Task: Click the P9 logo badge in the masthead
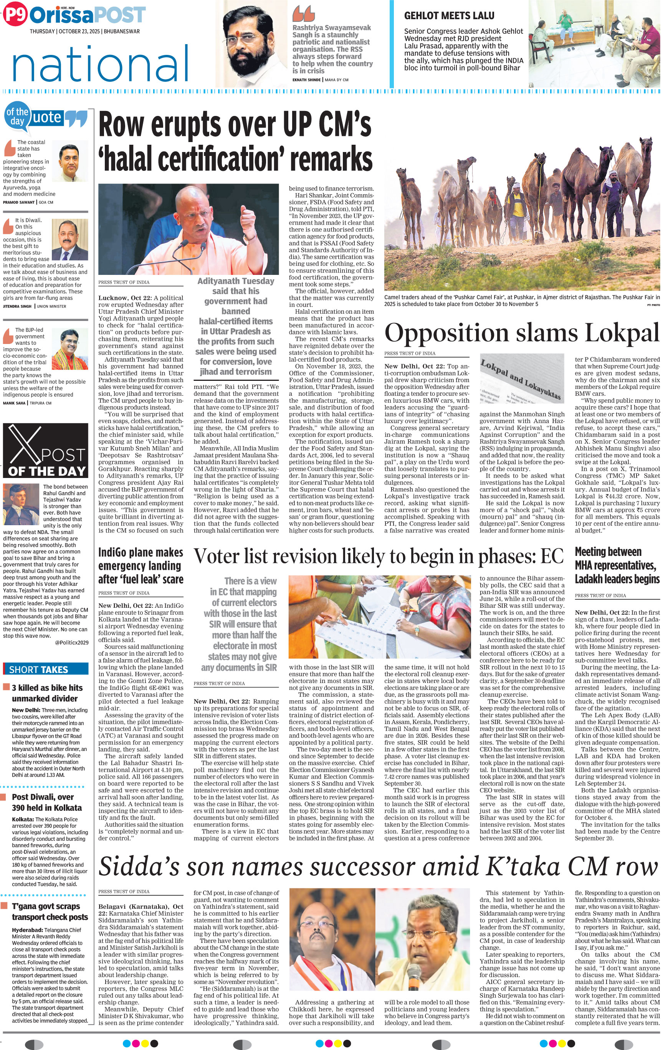coord(15,15)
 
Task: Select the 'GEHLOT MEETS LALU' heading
coord(449,16)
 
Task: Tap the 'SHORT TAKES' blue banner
coord(45,669)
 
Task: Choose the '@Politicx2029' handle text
coord(71,642)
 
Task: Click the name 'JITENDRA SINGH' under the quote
coord(17,306)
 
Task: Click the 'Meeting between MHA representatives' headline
coord(617,565)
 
